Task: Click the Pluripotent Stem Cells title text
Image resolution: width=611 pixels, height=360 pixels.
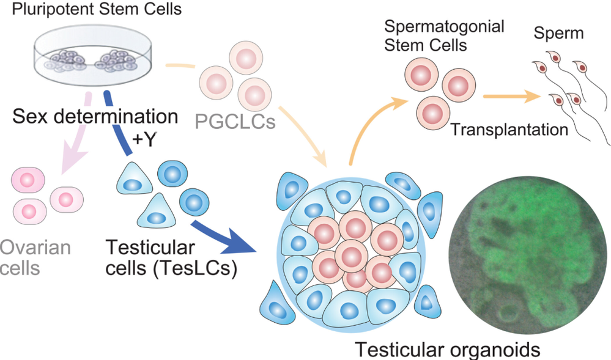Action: (97, 9)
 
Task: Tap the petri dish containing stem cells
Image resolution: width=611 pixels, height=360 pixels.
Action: (93, 56)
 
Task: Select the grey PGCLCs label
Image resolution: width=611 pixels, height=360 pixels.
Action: (235, 122)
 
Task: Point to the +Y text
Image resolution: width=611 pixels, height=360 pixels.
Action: (144, 139)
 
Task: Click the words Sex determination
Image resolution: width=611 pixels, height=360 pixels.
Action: (95, 116)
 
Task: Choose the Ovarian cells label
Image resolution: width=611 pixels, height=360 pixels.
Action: (35, 257)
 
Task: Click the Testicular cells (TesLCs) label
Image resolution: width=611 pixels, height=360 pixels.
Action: (171, 257)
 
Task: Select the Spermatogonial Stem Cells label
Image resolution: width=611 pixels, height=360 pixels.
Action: (444, 35)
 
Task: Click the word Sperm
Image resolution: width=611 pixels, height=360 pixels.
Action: (559, 34)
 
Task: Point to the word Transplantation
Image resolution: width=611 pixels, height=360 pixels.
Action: (509, 130)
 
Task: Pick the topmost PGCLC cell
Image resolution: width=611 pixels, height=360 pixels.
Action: (246, 58)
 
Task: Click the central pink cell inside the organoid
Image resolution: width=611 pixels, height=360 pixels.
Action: (352, 256)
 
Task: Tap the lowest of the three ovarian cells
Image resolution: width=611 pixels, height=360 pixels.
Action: (30, 211)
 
